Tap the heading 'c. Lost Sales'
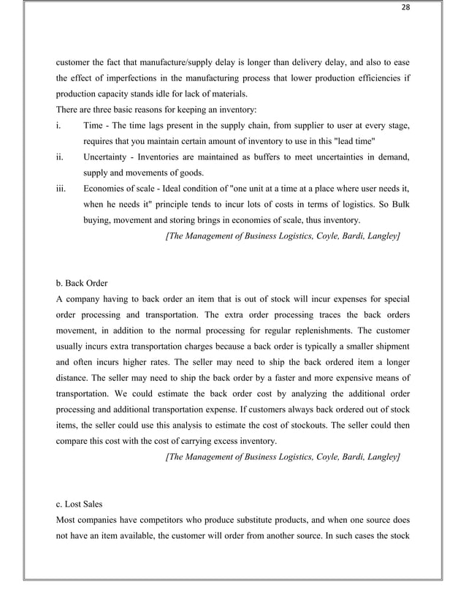(x=82, y=503)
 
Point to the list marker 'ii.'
(x=61, y=158)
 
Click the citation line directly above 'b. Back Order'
(x=283, y=237)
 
